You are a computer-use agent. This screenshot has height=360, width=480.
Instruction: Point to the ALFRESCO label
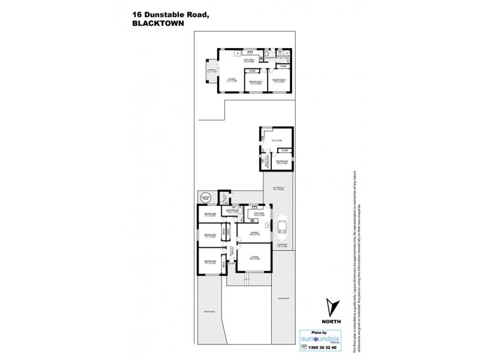pyautogui.click(x=277, y=188)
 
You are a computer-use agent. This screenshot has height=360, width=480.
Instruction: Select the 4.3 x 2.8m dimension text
pyautogui.click(x=277, y=141)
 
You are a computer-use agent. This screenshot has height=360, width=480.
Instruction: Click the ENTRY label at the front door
pyautogui.click(x=232, y=262)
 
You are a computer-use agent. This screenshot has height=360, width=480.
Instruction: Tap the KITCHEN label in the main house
pyautogui.click(x=258, y=213)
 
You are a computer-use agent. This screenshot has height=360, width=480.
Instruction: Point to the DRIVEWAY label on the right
pyautogui.click(x=283, y=299)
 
